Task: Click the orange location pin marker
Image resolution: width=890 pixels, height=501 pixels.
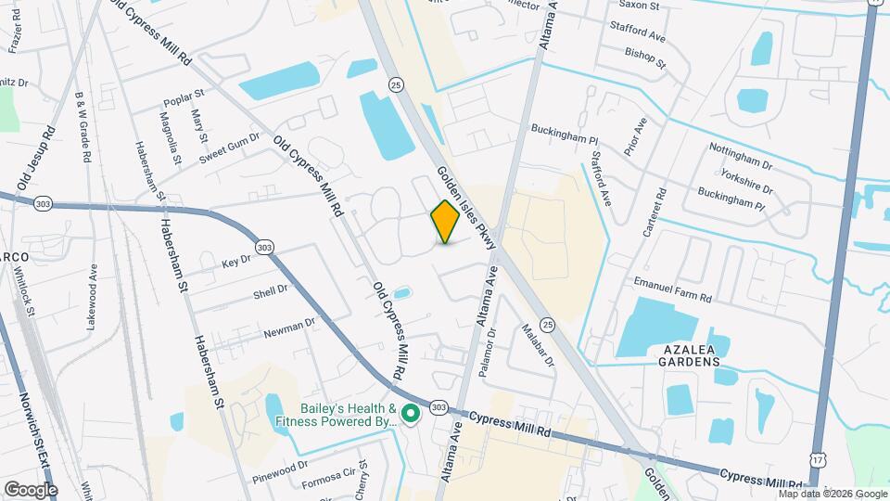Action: [445, 221]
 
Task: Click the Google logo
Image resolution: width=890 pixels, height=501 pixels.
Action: [31, 489]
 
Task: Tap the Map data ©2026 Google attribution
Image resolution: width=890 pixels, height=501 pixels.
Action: [833, 494]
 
